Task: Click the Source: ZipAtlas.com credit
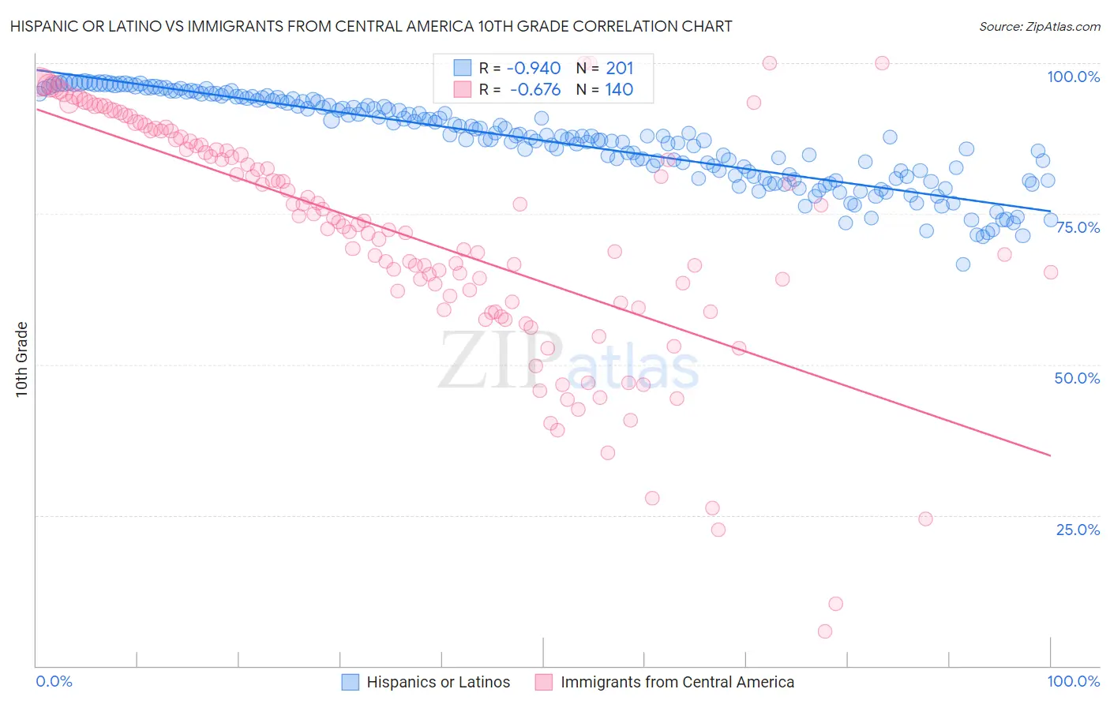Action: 1039,27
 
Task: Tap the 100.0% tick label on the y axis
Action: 1073,77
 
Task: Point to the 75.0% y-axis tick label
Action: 1078,227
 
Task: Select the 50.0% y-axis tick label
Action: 1077,378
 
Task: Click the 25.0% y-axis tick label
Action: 1078,530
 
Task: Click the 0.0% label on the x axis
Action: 54,681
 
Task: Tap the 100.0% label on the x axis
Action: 1073,681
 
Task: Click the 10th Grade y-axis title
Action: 22,359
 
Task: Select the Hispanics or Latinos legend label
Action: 438,682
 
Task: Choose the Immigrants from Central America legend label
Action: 677,682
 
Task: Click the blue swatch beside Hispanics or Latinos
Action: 351,682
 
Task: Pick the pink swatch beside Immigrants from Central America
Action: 543,682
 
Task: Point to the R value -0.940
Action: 534,68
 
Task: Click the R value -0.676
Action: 534,89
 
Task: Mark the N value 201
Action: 620,68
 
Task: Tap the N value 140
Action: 620,89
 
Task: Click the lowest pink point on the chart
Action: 825,631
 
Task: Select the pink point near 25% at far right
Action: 926,519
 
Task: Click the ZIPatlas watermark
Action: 568,361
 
